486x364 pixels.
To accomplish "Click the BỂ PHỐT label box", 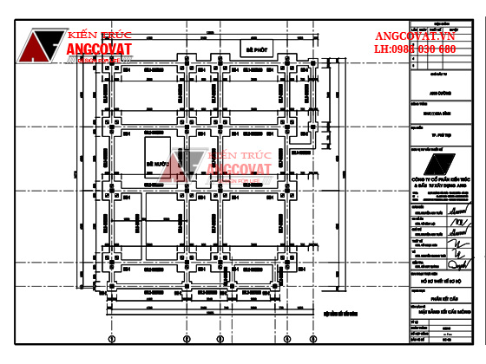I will (254, 51).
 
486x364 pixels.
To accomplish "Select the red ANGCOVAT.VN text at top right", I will (415, 36).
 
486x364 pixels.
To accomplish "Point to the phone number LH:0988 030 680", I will (415, 49).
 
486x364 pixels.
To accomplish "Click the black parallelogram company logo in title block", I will (440, 165).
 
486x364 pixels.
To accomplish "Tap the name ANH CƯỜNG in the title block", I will (441, 93).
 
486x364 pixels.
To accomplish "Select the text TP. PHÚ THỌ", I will (441, 136).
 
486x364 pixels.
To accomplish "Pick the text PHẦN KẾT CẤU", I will (441, 296).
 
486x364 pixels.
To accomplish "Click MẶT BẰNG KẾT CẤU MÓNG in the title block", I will (441, 309).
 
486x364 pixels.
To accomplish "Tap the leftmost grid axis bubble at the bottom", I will (111, 339).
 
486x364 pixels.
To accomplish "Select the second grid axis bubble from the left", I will (185, 339).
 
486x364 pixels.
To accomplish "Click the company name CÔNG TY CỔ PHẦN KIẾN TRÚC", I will (441, 181).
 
